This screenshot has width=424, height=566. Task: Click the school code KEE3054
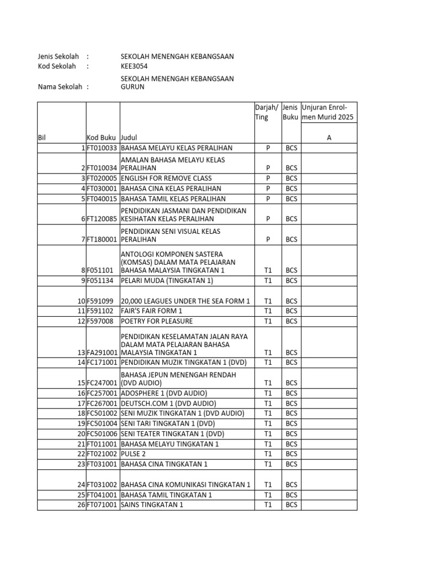tap(134, 66)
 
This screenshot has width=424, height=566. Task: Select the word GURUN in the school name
tap(132, 87)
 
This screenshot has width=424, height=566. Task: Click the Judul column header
tap(129, 138)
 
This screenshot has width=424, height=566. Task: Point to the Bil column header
tap(42, 138)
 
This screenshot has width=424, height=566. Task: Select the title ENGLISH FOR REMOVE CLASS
tap(166, 179)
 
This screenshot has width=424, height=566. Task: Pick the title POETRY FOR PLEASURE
tap(157, 321)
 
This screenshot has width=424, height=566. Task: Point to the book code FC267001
tap(102, 403)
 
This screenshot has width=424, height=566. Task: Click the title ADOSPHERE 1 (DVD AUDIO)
tap(164, 393)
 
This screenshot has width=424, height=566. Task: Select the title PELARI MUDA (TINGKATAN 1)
tap(167, 280)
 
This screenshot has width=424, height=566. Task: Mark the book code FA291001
tap(102, 352)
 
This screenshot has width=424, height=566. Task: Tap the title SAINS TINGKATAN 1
tap(152, 505)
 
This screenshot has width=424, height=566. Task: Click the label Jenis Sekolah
tap(58, 56)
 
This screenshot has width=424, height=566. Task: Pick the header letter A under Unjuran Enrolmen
tap(329, 138)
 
